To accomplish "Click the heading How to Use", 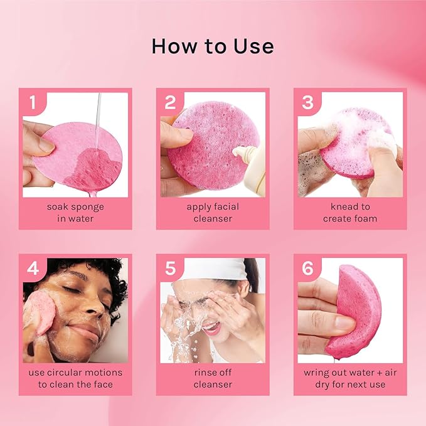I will click(x=213, y=47).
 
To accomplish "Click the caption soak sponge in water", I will click(x=75, y=212).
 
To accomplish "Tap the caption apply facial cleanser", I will click(x=213, y=212).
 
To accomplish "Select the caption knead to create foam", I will click(x=350, y=212).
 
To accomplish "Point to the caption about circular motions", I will click(x=75, y=378).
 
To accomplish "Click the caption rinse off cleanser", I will click(x=213, y=378).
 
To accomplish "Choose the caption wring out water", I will click(x=350, y=378).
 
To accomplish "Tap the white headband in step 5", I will click(x=201, y=268).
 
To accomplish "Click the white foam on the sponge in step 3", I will click(x=351, y=125).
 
